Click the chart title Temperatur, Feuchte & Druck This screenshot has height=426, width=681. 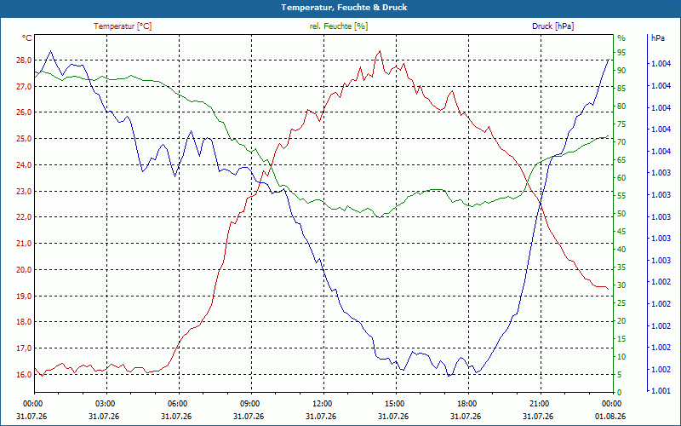click(344, 8)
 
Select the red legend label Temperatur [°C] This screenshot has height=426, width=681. click(123, 26)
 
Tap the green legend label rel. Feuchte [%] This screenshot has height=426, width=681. click(338, 26)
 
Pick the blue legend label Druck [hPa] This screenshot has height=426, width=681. click(552, 26)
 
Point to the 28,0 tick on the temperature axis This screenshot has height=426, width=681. click(24, 60)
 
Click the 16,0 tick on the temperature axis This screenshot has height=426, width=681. click(24, 374)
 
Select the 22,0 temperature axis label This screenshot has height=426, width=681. click(24, 217)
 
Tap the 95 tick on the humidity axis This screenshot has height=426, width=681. click(621, 53)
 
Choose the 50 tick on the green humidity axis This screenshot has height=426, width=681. click(621, 214)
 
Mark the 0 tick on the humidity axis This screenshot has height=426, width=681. click(620, 392)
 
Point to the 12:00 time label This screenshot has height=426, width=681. click(322, 403)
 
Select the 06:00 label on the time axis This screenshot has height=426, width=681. click(177, 403)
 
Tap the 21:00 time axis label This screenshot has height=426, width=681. click(539, 403)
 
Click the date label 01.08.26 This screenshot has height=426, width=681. click(610, 417)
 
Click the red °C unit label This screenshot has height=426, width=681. click(27, 37)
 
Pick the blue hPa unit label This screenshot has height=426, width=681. click(657, 37)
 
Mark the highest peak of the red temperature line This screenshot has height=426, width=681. click(380, 51)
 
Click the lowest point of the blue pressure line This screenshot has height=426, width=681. click(449, 376)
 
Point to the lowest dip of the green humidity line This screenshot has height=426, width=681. click(379, 217)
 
